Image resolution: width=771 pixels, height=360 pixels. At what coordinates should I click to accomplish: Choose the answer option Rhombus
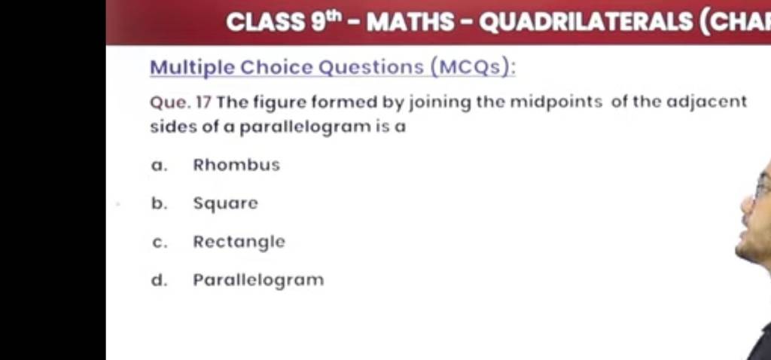coord(236,164)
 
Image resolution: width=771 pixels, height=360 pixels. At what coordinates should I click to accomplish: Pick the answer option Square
coord(225,203)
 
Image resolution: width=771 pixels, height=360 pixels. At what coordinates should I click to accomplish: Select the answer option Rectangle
coord(239,243)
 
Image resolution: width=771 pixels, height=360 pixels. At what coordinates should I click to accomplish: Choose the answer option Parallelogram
coord(258,281)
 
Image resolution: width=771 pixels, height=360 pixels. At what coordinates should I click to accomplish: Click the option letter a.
coord(156,165)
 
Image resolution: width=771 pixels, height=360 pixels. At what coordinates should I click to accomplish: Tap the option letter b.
coord(156,203)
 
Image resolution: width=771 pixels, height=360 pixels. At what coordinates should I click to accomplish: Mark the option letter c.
coord(156,243)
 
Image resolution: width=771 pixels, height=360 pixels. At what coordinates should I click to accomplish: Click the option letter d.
coord(156,281)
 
